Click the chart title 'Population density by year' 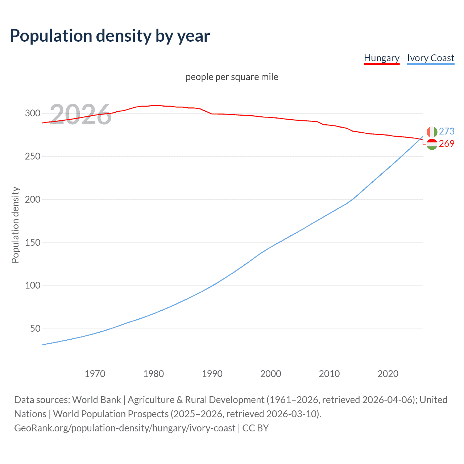[110, 36]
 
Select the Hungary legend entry [381, 58]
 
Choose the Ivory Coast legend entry [431, 58]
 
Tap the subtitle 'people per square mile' [232, 77]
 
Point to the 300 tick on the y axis [33, 113]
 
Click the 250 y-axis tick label [33, 156]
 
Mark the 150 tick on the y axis [33, 243]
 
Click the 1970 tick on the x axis [95, 374]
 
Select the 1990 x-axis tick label [212, 374]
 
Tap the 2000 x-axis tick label [271, 374]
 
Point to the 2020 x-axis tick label [388, 374]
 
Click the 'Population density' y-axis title [15, 225]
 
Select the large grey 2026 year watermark [80, 115]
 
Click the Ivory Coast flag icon [432, 132]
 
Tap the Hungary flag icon [432, 144]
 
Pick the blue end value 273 [447, 131]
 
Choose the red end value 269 [447, 144]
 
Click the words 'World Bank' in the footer [96, 400]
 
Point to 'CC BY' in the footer [256, 428]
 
